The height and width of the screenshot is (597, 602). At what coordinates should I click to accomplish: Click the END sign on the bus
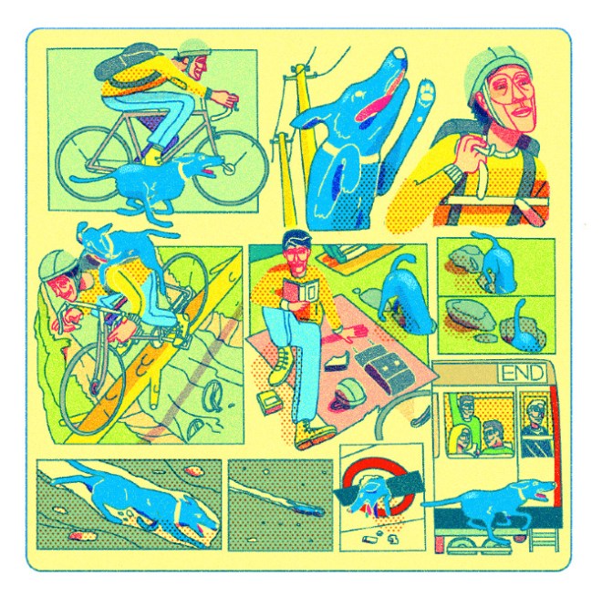(522, 373)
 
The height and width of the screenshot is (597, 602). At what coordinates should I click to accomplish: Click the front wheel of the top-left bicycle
(230, 168)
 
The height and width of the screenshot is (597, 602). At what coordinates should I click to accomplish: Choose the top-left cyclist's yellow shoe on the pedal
(153, 158)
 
